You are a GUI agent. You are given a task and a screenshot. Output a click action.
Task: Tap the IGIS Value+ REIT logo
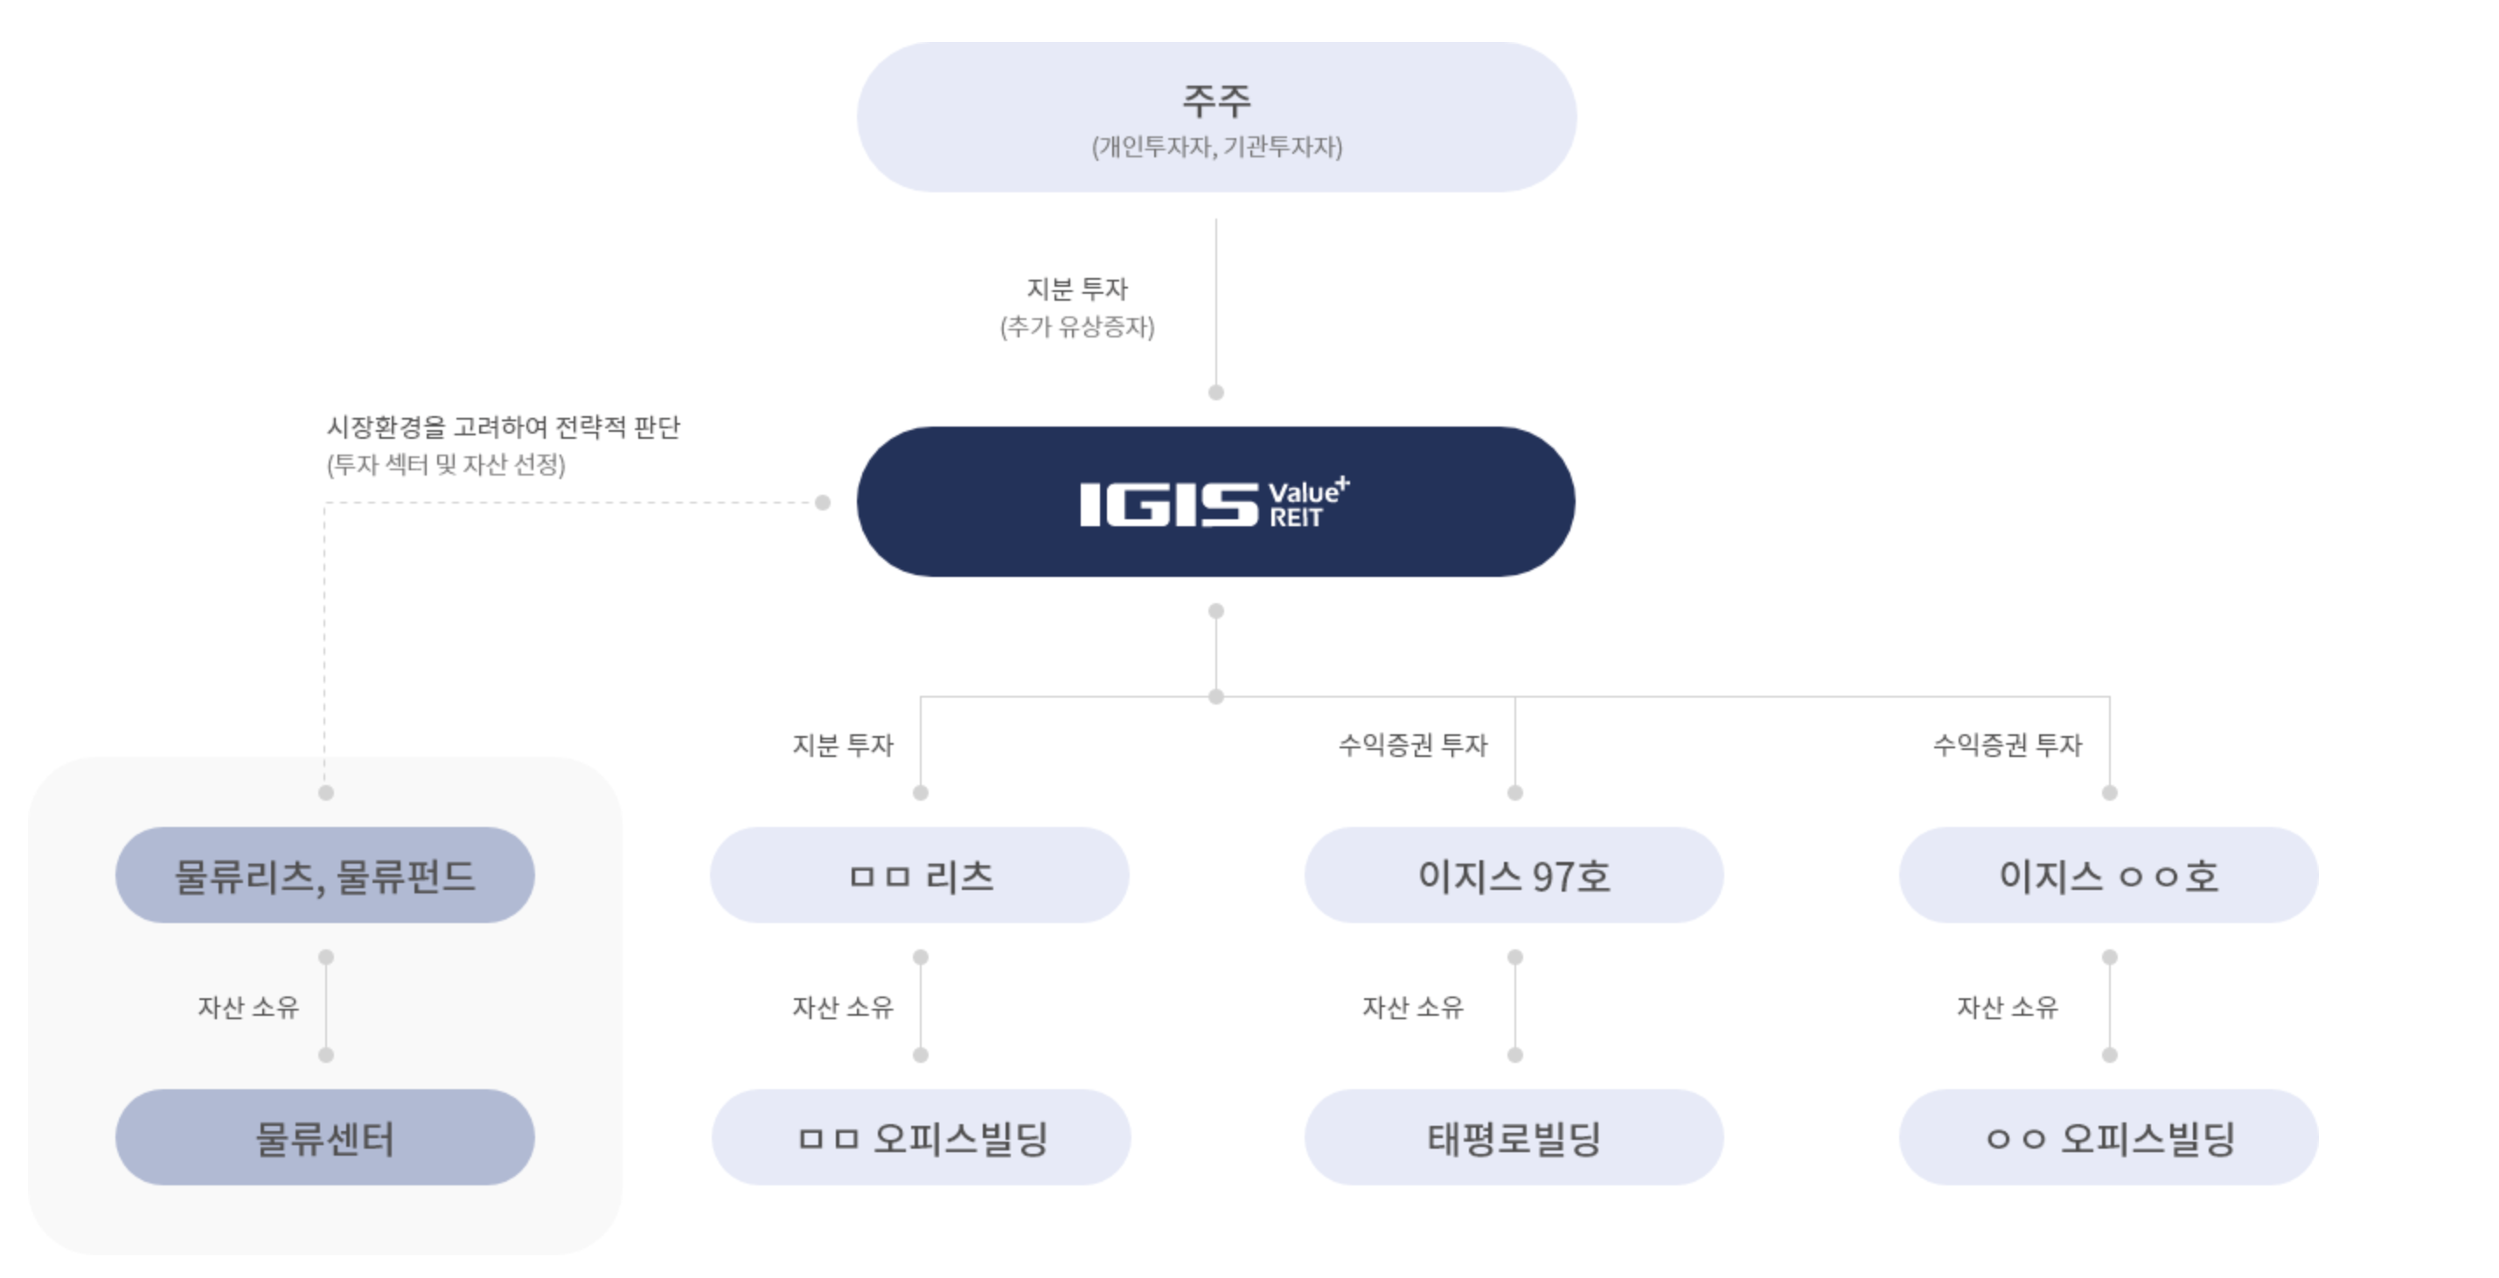[1215, 503]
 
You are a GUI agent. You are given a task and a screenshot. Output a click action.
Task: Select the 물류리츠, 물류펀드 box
[325, 876]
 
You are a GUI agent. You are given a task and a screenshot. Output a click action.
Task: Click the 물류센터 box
[325, 1137]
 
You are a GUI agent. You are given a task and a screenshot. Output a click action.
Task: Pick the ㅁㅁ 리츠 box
[920, 876]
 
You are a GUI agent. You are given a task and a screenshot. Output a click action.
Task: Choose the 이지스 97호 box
[1514, 876]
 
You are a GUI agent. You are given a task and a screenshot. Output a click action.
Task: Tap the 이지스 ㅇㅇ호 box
[2108, 876]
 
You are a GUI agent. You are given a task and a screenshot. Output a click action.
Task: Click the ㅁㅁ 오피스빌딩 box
[921, 1137]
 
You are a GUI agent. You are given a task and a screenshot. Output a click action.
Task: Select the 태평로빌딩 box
[1514, 1137]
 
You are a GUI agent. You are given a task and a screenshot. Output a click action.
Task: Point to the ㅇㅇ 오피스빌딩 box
[2108, 1137]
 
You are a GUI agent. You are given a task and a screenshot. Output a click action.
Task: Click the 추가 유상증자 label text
[1077, 327]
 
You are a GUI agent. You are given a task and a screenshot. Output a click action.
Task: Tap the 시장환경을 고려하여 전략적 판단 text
[503, 427]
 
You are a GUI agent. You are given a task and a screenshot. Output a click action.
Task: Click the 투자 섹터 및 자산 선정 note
[446, 464]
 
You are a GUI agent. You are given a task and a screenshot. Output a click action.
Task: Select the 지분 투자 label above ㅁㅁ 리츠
[842, 745]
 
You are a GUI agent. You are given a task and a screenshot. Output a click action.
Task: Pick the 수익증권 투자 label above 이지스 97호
[1412, 745]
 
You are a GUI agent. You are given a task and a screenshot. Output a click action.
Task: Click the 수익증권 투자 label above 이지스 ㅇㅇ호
[2007, 745]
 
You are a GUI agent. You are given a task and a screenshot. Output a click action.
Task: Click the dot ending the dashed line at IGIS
[823, 503]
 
